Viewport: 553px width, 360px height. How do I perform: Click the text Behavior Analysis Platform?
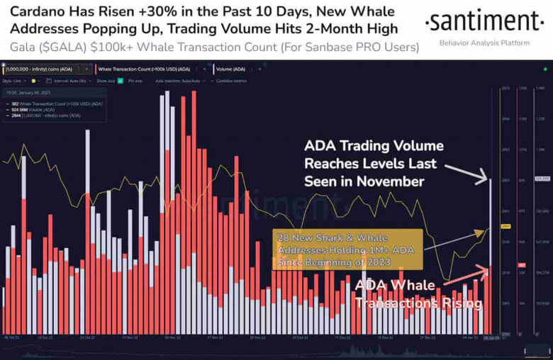tap(484, 43)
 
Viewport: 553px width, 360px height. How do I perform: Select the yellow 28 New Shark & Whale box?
tap(347, 249)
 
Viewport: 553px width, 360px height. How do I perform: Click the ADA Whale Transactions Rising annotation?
tap(418, 294)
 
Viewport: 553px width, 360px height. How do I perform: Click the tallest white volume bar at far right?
tap(491, 255)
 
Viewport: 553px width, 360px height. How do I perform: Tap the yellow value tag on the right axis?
tap(506, 227)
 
